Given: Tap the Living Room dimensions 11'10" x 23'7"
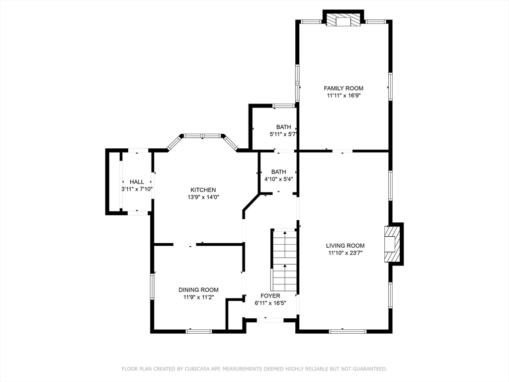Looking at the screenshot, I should pos(345,253).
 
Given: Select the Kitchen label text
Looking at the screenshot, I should pos(203,190).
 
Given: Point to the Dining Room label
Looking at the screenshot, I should pos(198,289).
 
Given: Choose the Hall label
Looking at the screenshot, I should pos(137,182).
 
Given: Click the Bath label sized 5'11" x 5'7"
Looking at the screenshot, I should pos(284,127).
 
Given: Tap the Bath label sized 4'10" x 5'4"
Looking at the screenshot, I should pos(278,172).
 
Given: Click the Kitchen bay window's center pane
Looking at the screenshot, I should pos(202,135).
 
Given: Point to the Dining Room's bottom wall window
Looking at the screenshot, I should pos(199,331).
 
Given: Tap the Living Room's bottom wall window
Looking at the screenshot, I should pos(347,331).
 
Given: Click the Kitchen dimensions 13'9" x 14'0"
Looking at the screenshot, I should pos(203,197).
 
